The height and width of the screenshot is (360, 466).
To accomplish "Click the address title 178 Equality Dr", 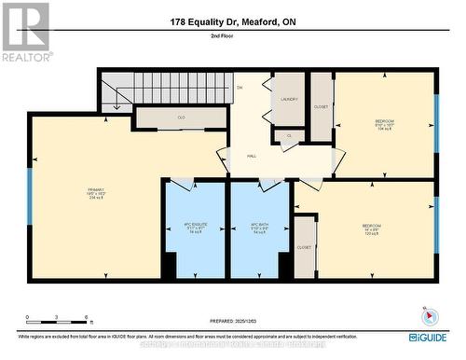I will tap(233, 21).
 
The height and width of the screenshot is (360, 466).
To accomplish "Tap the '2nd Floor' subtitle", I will tap(233, 35).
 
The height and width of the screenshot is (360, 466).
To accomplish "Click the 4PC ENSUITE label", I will tap(194, 228).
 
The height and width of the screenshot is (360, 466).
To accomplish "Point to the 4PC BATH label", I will tap(259, 228).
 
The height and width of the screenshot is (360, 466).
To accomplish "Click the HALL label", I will tap(252, 157).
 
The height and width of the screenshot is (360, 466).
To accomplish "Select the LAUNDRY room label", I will tap(288, 98).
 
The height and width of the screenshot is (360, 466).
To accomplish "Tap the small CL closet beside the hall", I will tap(289, 136).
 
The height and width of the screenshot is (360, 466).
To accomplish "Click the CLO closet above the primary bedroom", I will tap(182, 118).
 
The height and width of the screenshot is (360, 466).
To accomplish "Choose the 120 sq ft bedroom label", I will tap(372, 228).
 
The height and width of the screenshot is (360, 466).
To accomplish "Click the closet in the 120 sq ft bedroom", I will tap(304, 247).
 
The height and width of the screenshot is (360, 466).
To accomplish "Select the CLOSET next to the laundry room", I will tap(322, 106).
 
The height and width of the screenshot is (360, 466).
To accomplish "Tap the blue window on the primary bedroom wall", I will tap(30, 195).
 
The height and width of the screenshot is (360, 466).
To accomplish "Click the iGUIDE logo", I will tap(426, 337).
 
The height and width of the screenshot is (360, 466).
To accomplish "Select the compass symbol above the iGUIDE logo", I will tap(428, 315).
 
